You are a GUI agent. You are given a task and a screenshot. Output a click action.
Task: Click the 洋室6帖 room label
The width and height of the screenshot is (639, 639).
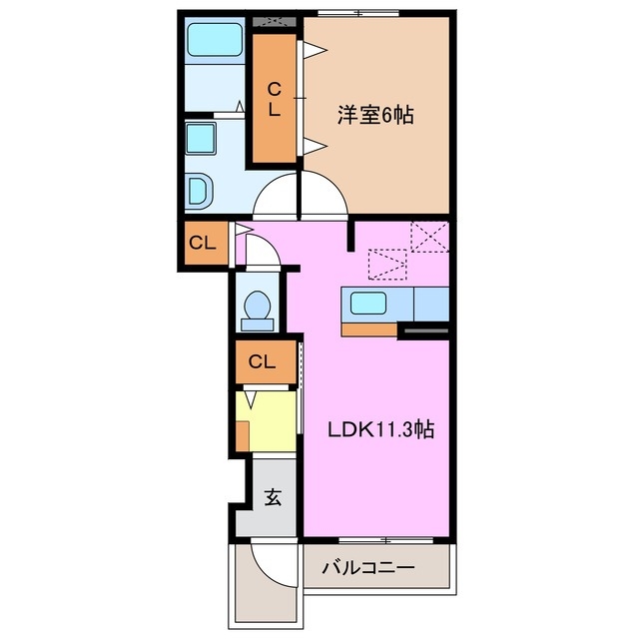(x=374, y=116)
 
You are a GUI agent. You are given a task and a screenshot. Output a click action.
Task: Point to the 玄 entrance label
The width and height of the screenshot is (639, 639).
(x=273, y=496)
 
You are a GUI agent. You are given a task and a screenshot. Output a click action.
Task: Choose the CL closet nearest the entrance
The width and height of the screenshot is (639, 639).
(x=264, y=361)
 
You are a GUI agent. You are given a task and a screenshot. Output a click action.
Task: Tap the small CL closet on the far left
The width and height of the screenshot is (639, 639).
(x=203, y=243)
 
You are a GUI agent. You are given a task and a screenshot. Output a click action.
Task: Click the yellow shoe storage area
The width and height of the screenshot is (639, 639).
(x=270, y=421)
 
